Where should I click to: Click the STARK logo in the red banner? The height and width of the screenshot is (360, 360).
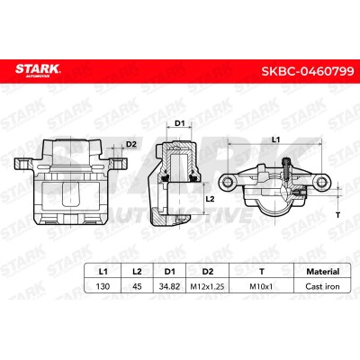(x=38, y=71)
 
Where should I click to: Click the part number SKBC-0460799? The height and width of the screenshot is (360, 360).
(x=308, y=71)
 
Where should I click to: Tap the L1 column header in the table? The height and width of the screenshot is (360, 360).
(x=103, y=272)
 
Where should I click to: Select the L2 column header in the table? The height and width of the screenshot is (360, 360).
(x=137, y=272)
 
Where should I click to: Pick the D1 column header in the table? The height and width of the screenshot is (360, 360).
(x=170, y=272)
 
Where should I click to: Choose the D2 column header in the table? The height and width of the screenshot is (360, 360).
(x=208, y=272)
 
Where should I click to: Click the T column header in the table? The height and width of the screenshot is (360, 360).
(x=262, y=272)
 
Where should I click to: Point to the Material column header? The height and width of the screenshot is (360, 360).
(x=322, y=272)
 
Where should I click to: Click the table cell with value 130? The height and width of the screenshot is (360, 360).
(x=103, y=286)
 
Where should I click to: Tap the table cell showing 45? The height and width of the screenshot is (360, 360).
(x=137, y=286)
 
